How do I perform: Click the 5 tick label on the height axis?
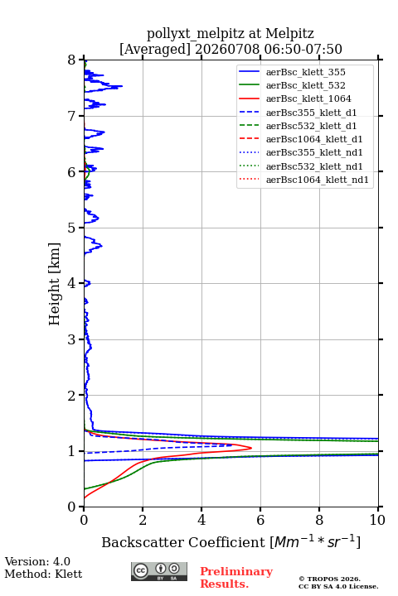tap(72, 228)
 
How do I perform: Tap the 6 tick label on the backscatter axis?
tap(260, 520)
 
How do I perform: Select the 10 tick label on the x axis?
tap(377, 520)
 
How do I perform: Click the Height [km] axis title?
tap(55, 284)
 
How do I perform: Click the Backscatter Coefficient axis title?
tap(231, 542)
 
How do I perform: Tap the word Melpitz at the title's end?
tap(289, 33)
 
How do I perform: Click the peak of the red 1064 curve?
tap(251, 448)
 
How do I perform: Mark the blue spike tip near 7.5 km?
tap(122, 86)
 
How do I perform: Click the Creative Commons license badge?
tap(159, 571)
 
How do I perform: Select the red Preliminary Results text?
tap(236, 578)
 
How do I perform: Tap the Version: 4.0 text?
tap(37, 561)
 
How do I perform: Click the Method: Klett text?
tap(43, 574)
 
